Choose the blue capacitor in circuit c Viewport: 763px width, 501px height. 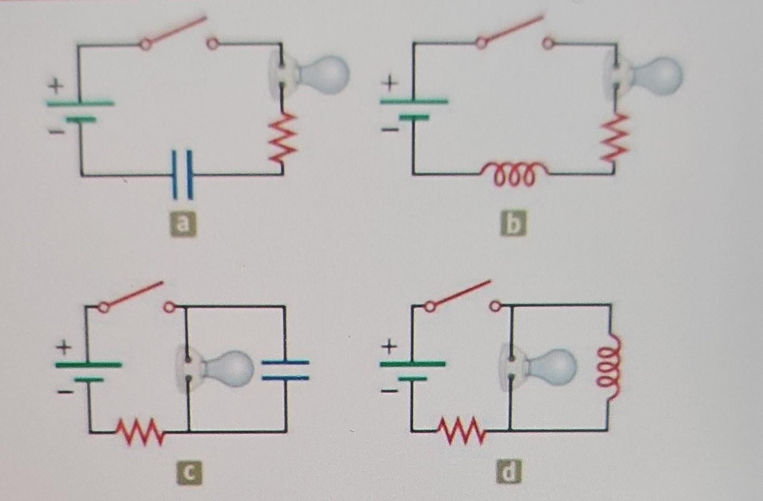[285, 370]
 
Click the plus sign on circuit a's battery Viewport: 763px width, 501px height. [56, 86]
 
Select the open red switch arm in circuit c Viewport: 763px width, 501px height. [133, 294]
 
